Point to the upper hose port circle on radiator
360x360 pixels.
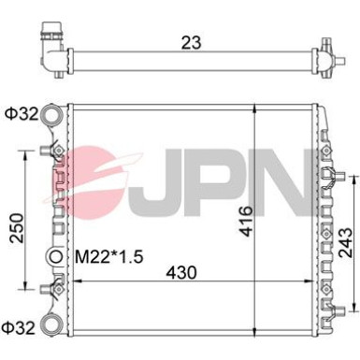[55, 116]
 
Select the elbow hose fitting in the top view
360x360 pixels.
[50, 41]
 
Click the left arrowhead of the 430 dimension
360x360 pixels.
[69, 288]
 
